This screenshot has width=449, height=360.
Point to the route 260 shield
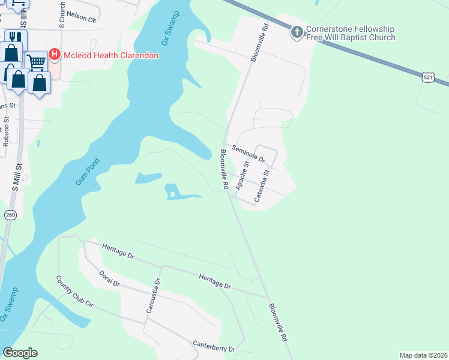click(10, 214)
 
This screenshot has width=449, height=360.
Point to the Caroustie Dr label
click(151, 295)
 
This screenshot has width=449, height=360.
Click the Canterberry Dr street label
click(214, 347)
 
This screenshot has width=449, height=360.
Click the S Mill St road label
click(16, 178)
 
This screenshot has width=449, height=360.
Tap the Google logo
click(20, 353)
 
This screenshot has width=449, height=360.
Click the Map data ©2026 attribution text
click(423, 355)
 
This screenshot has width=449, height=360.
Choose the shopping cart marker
click(36, 61)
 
